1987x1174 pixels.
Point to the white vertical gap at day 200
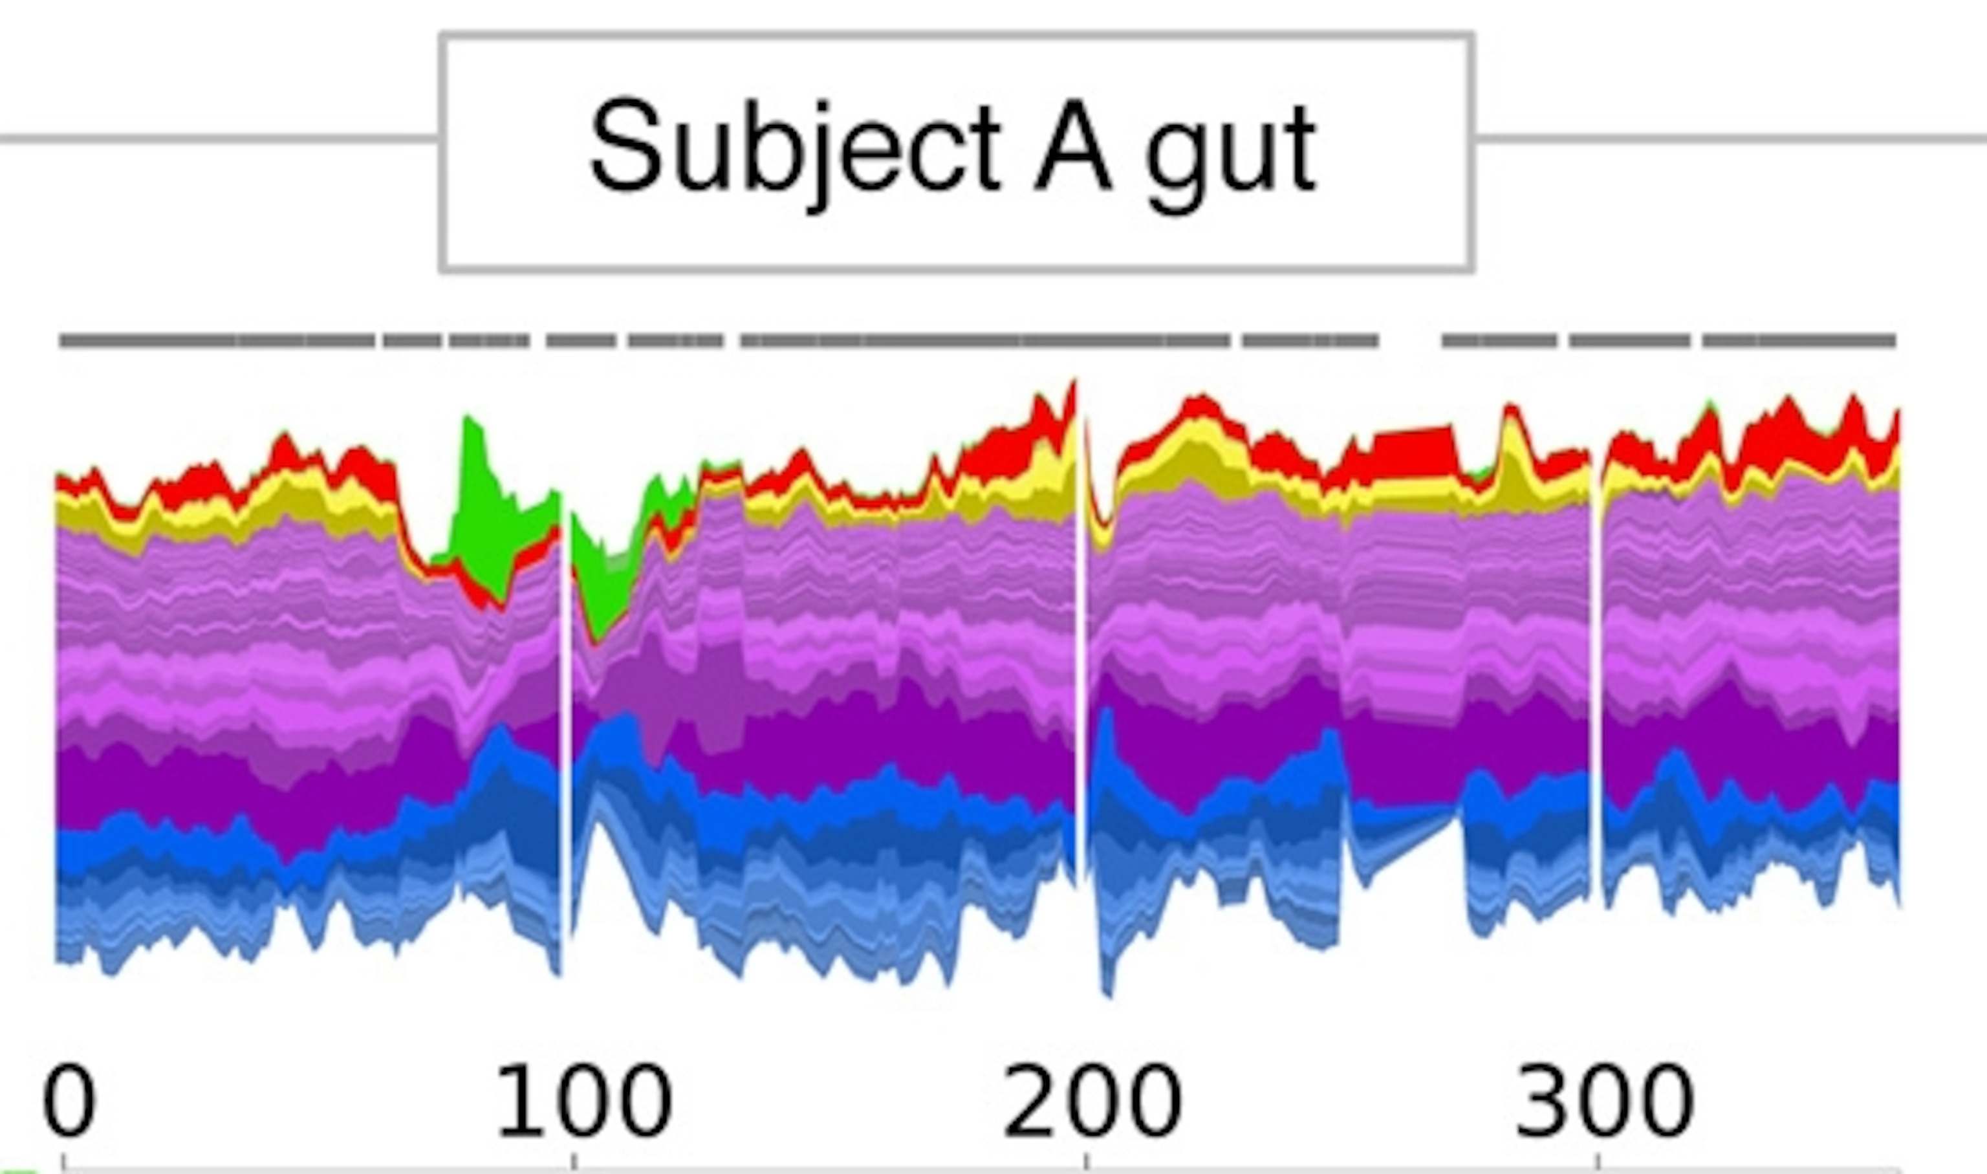1081,633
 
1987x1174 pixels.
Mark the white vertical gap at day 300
1596,673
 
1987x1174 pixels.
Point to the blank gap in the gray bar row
1409,341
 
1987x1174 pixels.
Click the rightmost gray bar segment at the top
1799,341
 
